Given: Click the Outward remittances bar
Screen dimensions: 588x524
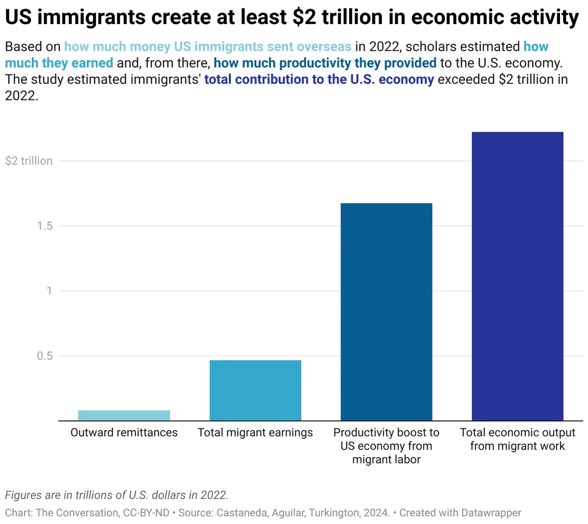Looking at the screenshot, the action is (x=124, y=415).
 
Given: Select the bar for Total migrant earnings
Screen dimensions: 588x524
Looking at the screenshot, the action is (x=255, y=390).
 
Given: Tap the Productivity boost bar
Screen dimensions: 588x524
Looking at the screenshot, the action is (x=386, y=312).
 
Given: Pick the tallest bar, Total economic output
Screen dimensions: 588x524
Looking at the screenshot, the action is (x=517, y=276).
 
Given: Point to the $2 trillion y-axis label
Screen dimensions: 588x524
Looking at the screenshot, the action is (x=29, y=161).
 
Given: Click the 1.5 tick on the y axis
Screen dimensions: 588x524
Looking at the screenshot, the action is (x=45, y=226).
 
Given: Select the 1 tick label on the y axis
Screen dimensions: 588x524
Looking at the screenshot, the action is (x=49, y=291).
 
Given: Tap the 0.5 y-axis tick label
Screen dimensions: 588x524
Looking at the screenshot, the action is (x=45, y=356).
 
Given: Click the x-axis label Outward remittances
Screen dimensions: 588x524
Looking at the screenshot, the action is (x=124, y=432).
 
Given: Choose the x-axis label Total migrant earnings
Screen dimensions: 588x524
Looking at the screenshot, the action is (x=255, y=432).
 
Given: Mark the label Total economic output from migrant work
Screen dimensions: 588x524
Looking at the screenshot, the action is (x=517, y=439).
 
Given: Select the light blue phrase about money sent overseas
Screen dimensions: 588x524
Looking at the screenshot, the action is (x=208, y=47).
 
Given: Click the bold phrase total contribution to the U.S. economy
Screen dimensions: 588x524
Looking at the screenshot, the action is (x=319, y=79).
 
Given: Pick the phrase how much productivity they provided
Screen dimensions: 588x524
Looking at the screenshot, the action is (x=325, y=63).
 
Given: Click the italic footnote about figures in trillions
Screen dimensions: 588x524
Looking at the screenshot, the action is (x=117, y=495).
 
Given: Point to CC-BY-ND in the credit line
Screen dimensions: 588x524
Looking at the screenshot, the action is (x=147, y=513).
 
